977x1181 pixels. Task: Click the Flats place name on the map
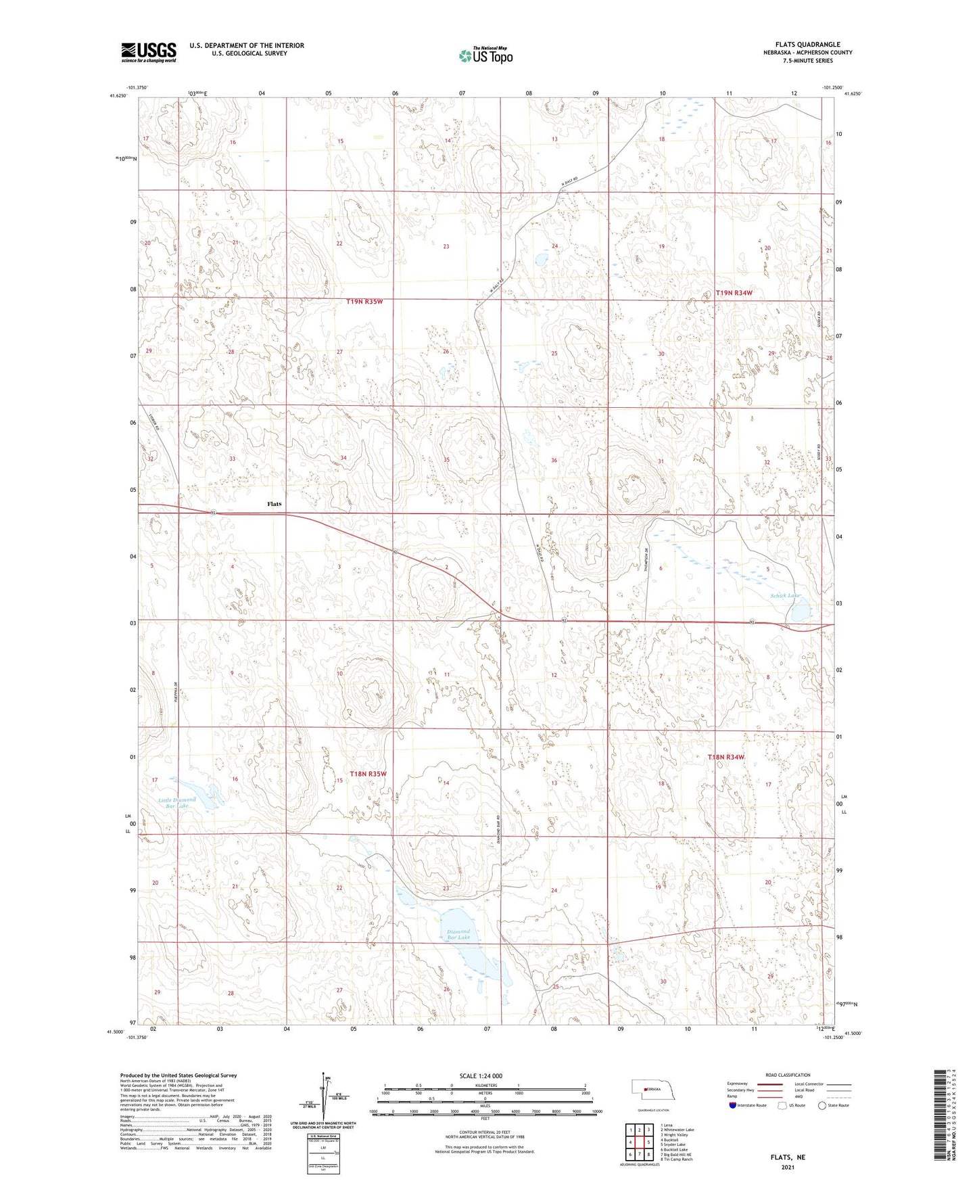click(x=274, y=504)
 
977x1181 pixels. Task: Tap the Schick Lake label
click(x=785, y=596)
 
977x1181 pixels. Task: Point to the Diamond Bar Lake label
click(x=458, y=934)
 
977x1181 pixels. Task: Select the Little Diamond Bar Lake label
click(x=177, y=803)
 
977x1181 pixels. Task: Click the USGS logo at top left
click(x=149, y=52)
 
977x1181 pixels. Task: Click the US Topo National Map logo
click(x=485, y=55)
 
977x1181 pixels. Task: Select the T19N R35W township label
click(x=364, y=301)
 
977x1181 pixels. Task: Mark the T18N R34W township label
click(x=725, y=757)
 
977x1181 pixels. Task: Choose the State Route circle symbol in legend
click(x=822, y=1105)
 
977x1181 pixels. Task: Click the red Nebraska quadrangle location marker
click(x=646, y=1089)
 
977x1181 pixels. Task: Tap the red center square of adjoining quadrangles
click(x=639, y=1142)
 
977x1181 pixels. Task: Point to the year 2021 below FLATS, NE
click(x=788, y=1167)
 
